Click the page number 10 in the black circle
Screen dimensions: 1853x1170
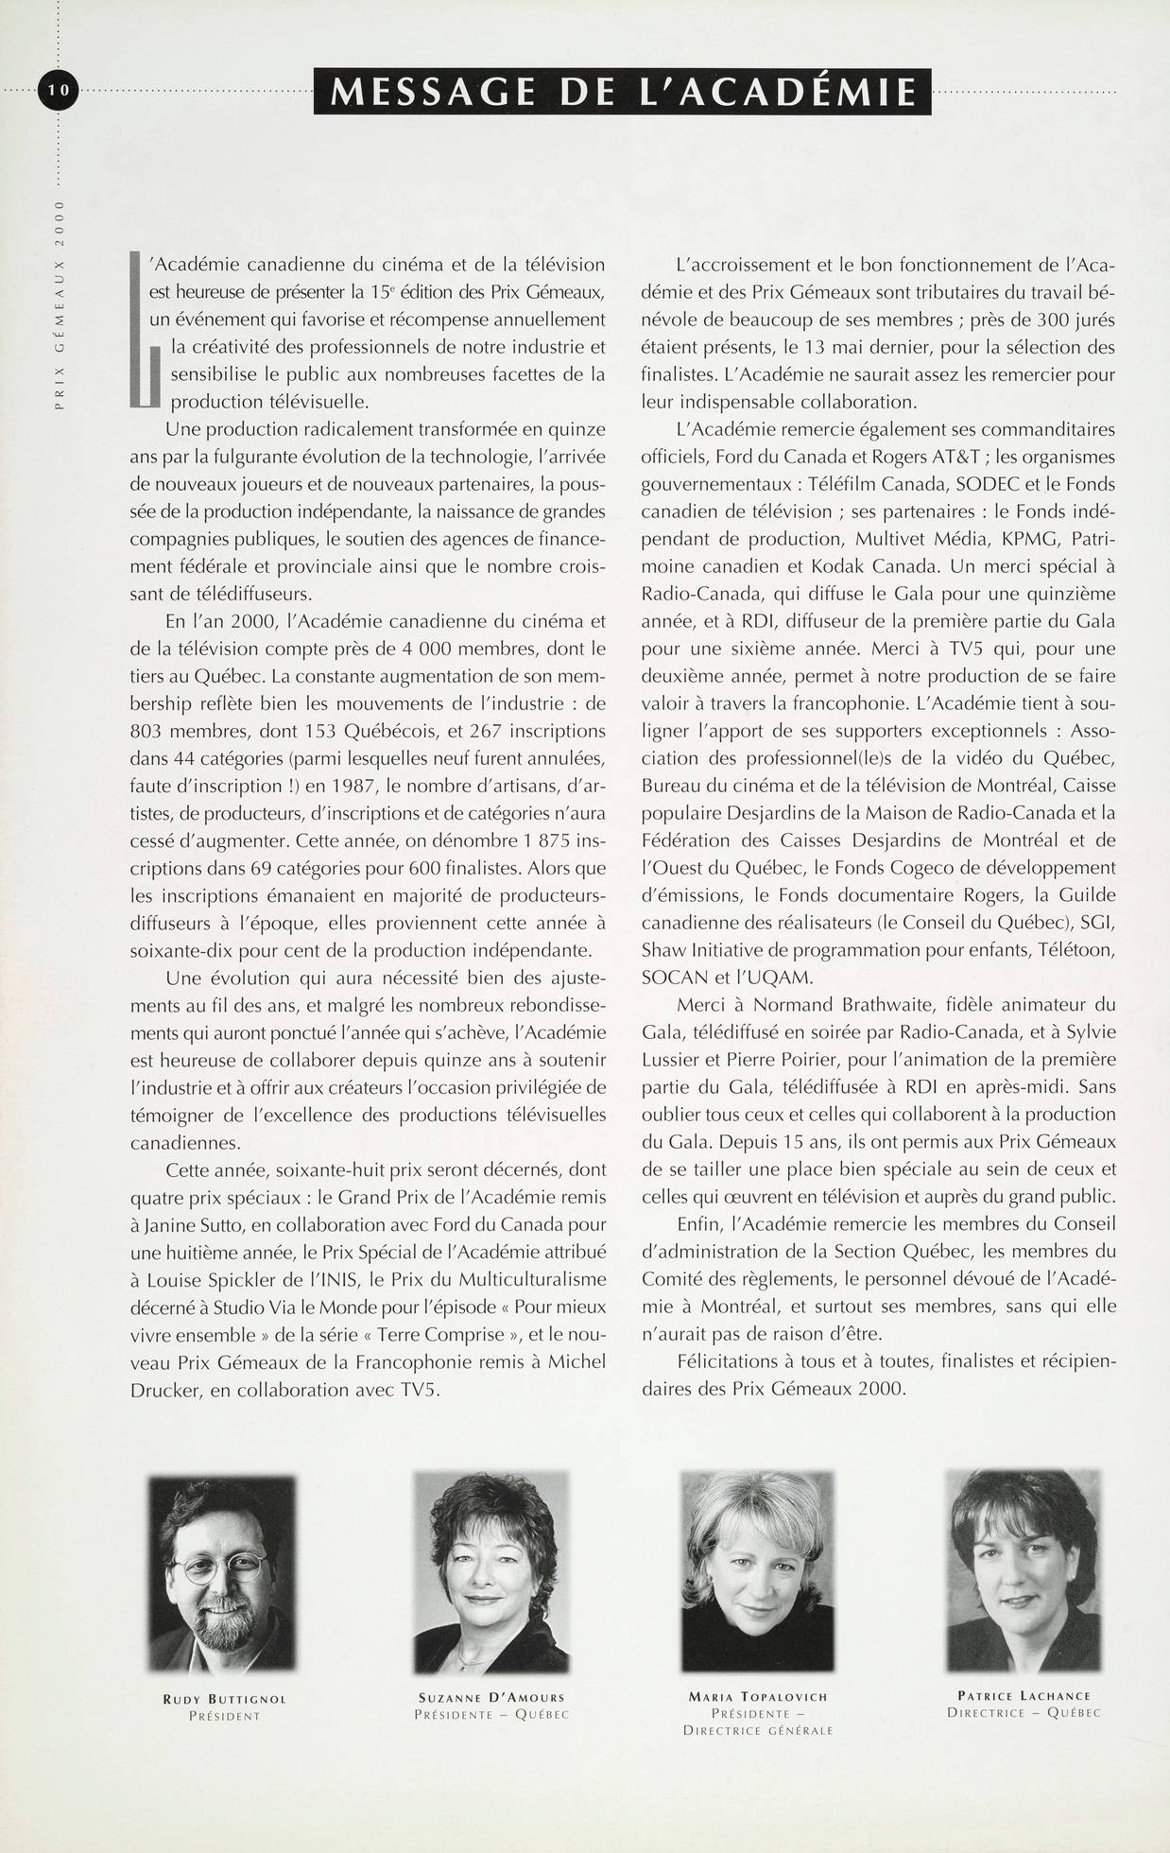pyautogui.click(x=59, y=91)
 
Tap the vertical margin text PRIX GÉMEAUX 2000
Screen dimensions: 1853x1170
pyautogui.click(x=60, y=304)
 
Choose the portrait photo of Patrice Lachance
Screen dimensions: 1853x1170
pyautogui.click(x=1023, y=1569)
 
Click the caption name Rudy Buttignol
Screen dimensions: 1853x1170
pyautogui.click(x=224, y=1699)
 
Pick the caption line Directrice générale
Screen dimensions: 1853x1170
pyautogui.click(x=758, y=1730)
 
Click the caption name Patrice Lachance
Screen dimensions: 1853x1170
pyautogui.click(x=1024, y=1695)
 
